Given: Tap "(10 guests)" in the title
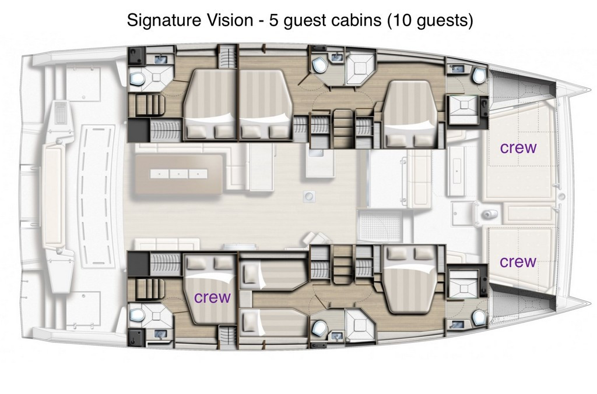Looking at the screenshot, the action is pyautogui.click(x=430, y=20).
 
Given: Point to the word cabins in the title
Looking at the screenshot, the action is pyautogui.click(x=356, y=20).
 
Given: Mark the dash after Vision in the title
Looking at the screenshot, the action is pyautogui.click(x=261, y=22).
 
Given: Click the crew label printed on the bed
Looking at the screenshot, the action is pyautogui.click(x=212, y=297).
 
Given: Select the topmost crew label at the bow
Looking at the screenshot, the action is pyautogui.click(x=518, y=148).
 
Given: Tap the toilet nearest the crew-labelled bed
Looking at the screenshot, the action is pyautogui.click(x=137, y=315).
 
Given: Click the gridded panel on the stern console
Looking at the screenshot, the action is pyautogui.click(x=61, y=112).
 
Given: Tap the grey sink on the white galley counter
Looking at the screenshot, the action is pyautogui.click(x=316, y=153).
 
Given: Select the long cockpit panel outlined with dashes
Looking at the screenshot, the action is pyautogui.click(x=96, y=197).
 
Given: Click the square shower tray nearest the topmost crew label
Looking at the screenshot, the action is pyautogui.click(x=462, y=109).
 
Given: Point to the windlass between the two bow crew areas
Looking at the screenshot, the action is pyautogui.click(x=490, y=214).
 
